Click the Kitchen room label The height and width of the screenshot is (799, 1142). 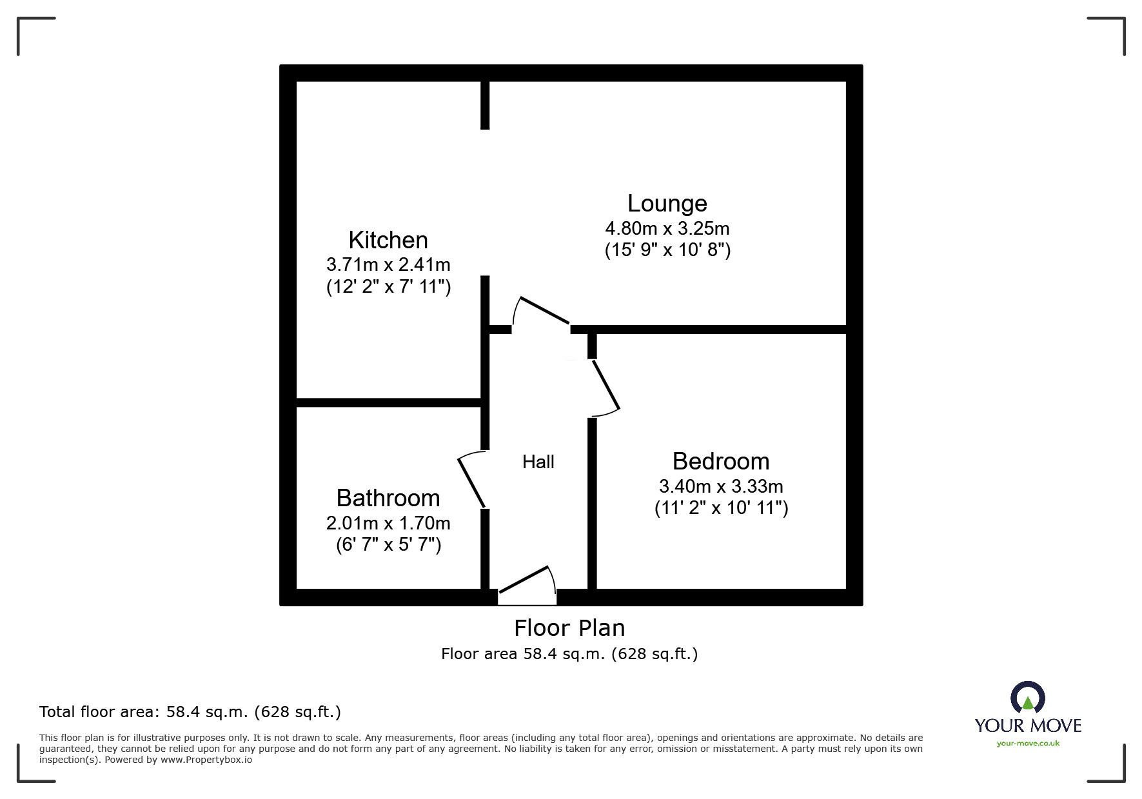388,241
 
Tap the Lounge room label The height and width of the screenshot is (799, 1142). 667,204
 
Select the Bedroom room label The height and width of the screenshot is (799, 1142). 721,462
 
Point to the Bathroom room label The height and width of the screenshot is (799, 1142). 388,498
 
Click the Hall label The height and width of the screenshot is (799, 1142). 538,462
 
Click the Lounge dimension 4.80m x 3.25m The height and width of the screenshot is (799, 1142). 667,228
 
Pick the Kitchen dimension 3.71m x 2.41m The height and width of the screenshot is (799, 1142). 388,265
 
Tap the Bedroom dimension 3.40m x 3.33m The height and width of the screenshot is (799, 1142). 721,486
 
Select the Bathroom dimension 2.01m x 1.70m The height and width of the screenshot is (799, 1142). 388,523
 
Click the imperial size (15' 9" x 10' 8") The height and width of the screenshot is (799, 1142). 667,250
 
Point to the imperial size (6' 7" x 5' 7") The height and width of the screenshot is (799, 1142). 388,545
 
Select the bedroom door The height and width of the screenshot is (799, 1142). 605,387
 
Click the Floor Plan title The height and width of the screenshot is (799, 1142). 569,628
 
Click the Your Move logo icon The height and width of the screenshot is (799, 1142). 1027,698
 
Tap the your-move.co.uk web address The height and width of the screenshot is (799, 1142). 1028,744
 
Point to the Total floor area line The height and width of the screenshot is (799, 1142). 190,712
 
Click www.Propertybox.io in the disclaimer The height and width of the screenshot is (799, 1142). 206,760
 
